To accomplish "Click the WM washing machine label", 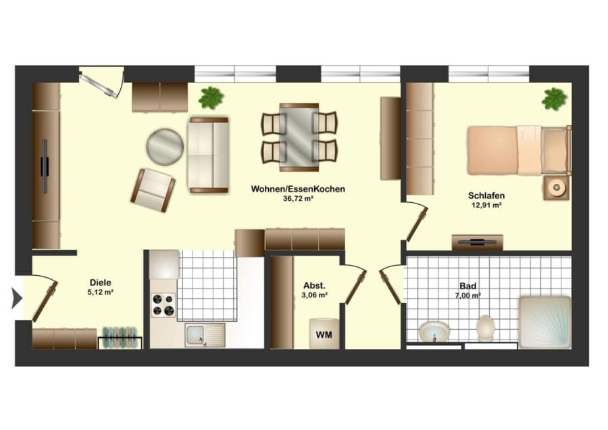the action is (x=324, y=335).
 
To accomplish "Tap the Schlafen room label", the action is (x=486, y=195).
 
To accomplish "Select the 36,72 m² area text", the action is (x=298, y=199).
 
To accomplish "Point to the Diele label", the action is (x=101, y=283).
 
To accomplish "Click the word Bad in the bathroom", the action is (x=467, y=286).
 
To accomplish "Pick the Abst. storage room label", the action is (x=314, y=285).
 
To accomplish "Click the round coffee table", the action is (x=165, y=147).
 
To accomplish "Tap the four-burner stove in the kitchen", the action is (x=163, y=305).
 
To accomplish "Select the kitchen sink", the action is (x=205, y=335).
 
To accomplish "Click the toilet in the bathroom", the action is (x=486, y=329).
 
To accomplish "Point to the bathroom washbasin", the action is (x=434, y=333).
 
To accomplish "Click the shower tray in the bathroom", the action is (x=544, y=322).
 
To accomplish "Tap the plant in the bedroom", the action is (x=554, y=99).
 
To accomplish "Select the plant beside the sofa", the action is (x=211, y=97).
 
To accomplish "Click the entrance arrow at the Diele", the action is (x=17, y=298).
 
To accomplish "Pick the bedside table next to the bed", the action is (x=557, y=188).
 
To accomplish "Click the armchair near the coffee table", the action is (x=153, y=190).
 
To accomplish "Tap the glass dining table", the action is (x=299, y=137).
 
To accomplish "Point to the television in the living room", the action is (x=45, y=167).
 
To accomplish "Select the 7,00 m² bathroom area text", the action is (x=467, y=295).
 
